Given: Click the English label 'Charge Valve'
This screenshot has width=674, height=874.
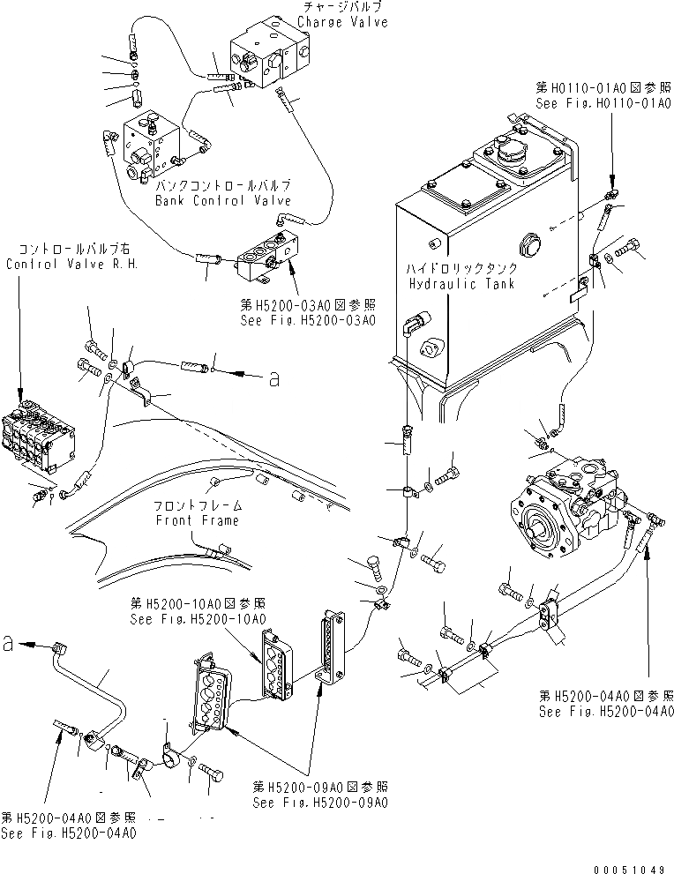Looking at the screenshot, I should pyautogui.click(x=342, y=22).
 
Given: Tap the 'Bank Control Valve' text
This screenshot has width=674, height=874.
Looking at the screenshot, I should pyautogui.click(x=222, y=200).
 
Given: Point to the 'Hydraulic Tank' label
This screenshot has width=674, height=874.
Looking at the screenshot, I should pyautogui.click(x=455, y=284).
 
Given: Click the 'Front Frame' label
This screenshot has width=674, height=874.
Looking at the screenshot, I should pyautogui.click(x=198, y=520).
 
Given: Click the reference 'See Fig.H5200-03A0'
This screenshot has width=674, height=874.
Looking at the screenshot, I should pyautogui.click(x=307, y=320).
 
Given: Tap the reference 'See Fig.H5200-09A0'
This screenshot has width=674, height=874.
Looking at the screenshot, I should pyautogui.click(x=318, y=802).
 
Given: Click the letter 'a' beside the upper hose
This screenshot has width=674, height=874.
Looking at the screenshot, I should pyautogui.click(x=274, y=378).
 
